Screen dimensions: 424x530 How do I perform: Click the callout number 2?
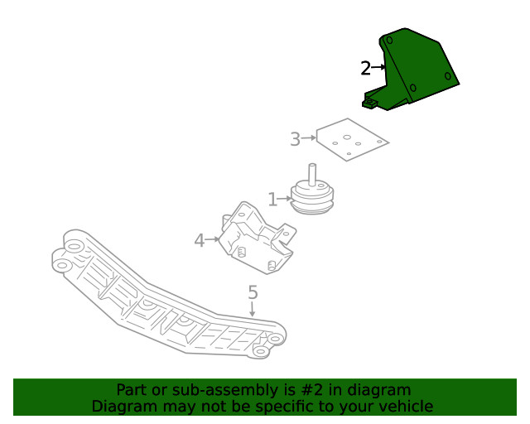(365, 69)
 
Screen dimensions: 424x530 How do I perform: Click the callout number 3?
(295, 139)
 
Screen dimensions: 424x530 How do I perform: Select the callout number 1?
(272, 200)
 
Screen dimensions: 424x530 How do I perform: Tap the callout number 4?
(199, 241)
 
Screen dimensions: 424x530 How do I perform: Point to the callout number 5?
(253, 292)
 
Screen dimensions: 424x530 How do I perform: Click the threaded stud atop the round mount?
(313, 172)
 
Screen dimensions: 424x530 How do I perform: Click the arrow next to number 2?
(379, 67)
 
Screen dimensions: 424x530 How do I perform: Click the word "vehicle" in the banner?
(403, 407)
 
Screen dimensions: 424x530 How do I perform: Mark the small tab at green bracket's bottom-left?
(371, 103)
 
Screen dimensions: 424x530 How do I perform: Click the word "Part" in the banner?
(132, 390)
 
